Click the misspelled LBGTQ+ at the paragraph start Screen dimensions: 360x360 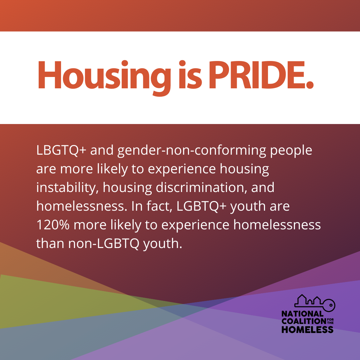coord(61,150)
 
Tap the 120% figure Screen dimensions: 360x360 coord(53,225)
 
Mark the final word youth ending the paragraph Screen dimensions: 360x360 coord(163,244)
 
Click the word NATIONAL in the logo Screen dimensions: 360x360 coord(302,314)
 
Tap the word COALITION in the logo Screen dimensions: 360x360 coord(304,321)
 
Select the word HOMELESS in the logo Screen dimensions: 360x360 coord(307,329)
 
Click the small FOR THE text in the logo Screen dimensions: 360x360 coord(330,321)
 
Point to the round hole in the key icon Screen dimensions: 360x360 coord(331,305)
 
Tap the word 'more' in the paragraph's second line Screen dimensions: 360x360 coord(76,169)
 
